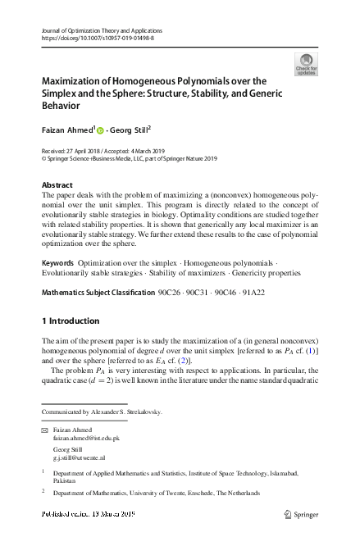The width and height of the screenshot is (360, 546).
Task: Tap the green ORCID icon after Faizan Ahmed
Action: coord(101,130)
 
